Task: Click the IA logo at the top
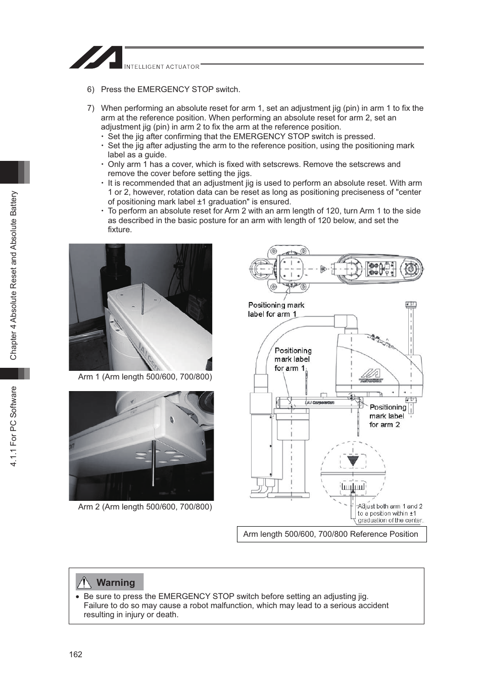click(96, 58)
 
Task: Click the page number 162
click(75, 654)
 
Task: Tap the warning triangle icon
click(84, 583)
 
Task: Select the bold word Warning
click(116, 583)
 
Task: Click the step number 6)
click(90, 90)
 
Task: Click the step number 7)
click(90, 108)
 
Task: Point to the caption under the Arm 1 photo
click(145, 377)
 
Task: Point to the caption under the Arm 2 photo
click(145, 507)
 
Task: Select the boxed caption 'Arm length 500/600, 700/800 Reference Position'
click(331, 534)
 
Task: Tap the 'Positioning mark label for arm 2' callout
click(387, 416)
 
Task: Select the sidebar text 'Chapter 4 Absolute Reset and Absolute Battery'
click(14, 275)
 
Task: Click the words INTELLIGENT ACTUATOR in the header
click(162, 67)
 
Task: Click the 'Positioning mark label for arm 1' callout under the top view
click(276, 310)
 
